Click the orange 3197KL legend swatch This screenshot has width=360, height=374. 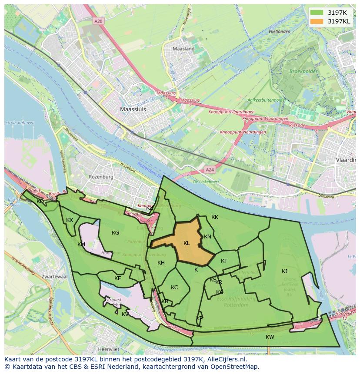[x=317, y=21]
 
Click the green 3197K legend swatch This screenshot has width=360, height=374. [x=317, y=13]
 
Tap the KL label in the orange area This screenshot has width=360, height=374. [x=187, y=243]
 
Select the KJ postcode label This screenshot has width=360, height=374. [x=284, y=271]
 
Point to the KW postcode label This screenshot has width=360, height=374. [x=270, y=337]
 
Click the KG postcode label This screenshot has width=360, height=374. [x=115, y=233]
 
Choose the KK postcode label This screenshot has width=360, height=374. [x=215, y=217]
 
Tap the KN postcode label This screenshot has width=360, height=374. [x=207, y=237]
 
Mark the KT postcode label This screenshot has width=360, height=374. [x=224, y=261]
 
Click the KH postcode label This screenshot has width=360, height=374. [x=161, y=263]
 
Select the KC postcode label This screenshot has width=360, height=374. [x=174, y=288]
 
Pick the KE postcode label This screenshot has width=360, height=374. [x=117, y=278]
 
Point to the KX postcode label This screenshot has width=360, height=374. [x=70, y=220]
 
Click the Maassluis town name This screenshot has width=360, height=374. [x=133, y=110]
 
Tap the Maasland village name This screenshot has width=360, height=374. [x=183, y=49]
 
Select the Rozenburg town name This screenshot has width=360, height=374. [x=101, y=177]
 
